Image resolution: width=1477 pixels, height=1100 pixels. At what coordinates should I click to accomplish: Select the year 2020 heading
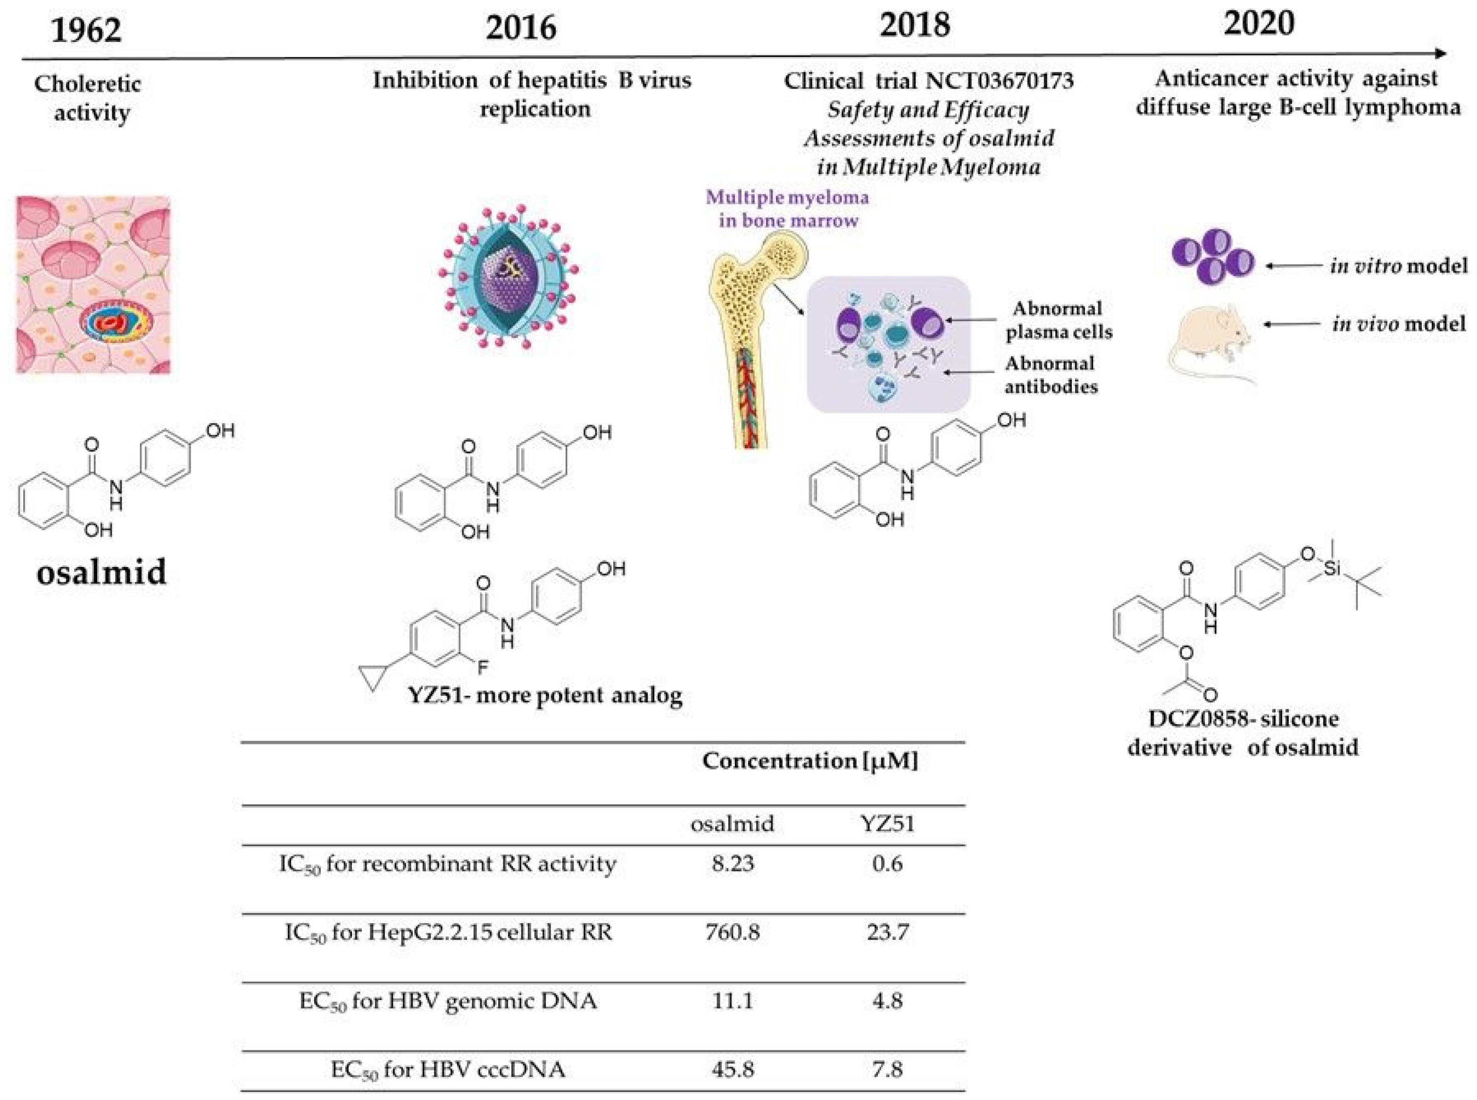(1259, 23)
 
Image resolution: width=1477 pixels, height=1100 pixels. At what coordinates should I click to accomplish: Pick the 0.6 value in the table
(887, 864)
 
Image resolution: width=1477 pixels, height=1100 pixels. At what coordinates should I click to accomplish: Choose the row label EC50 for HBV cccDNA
(448, 1070)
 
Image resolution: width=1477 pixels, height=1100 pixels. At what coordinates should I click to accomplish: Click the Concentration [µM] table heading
(809, 761)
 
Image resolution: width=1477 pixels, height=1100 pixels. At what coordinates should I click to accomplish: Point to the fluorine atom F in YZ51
(482, 667)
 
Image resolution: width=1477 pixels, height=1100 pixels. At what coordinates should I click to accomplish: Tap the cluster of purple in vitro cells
(1212, 256)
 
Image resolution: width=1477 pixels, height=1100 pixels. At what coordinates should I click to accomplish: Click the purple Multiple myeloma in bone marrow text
(787, 208)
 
